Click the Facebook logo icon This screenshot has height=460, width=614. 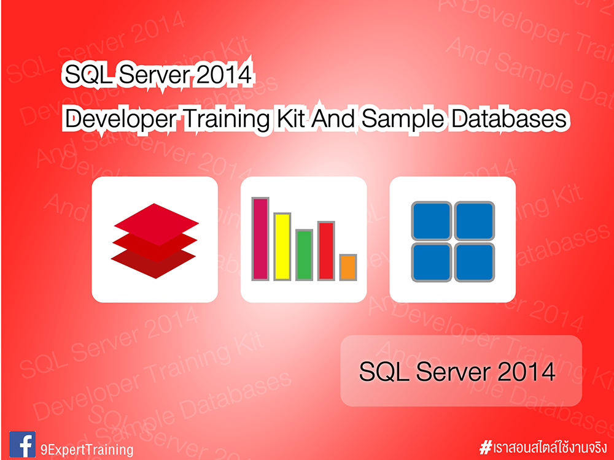click(x=23, y=443)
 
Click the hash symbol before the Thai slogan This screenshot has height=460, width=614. click(x=486, y=446)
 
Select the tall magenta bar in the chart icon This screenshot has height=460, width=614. click(x=260, y=239)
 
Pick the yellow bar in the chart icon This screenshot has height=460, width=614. click(x=282, y=246)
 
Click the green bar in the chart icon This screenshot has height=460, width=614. click(x=304, y=255)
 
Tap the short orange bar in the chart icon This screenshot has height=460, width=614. click(x=348, y=267)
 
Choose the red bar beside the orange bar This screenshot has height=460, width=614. click(x=326, y=251)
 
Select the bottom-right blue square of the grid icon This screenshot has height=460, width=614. click(x=474, y=262)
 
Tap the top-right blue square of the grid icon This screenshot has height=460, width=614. click(x=474, y=221)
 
